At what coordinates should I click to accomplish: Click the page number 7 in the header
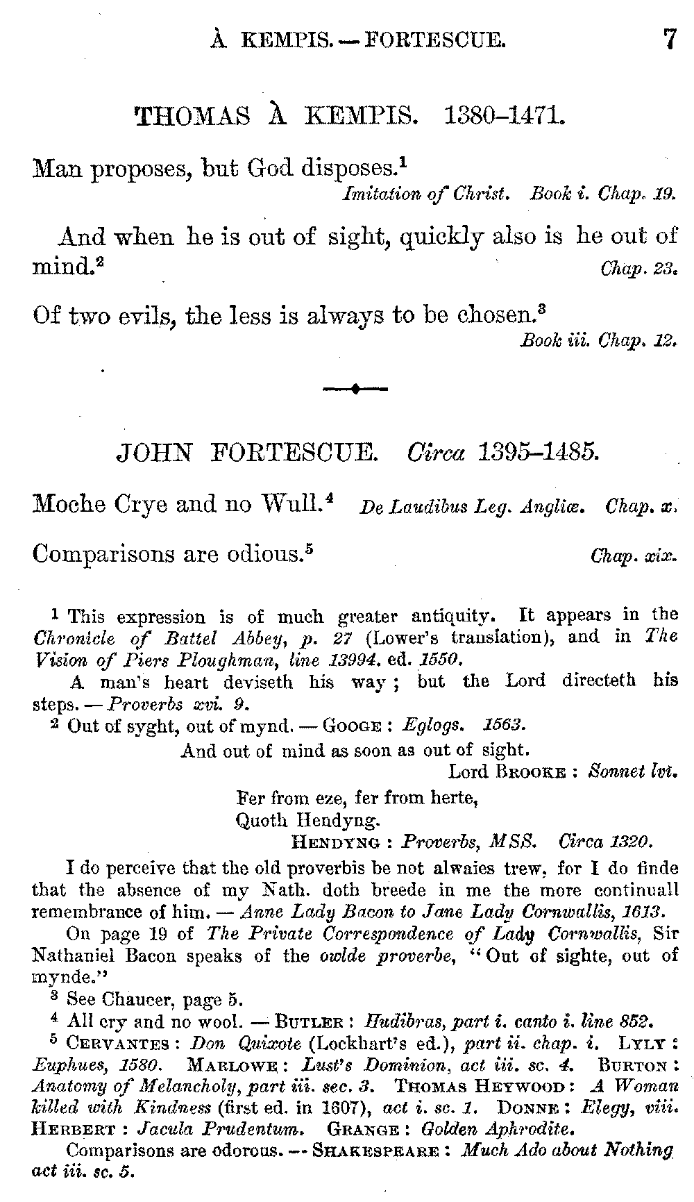[x=669, y=38]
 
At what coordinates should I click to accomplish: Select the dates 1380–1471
[x=505, y=115]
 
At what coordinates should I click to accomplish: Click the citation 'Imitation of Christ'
[x=427, y=194]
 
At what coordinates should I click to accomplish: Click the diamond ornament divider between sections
[x=355, y=390]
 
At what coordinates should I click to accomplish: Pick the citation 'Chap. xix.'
[x=633, y=556]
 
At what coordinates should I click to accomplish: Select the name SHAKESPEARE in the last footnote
[x=376, y=1151]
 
